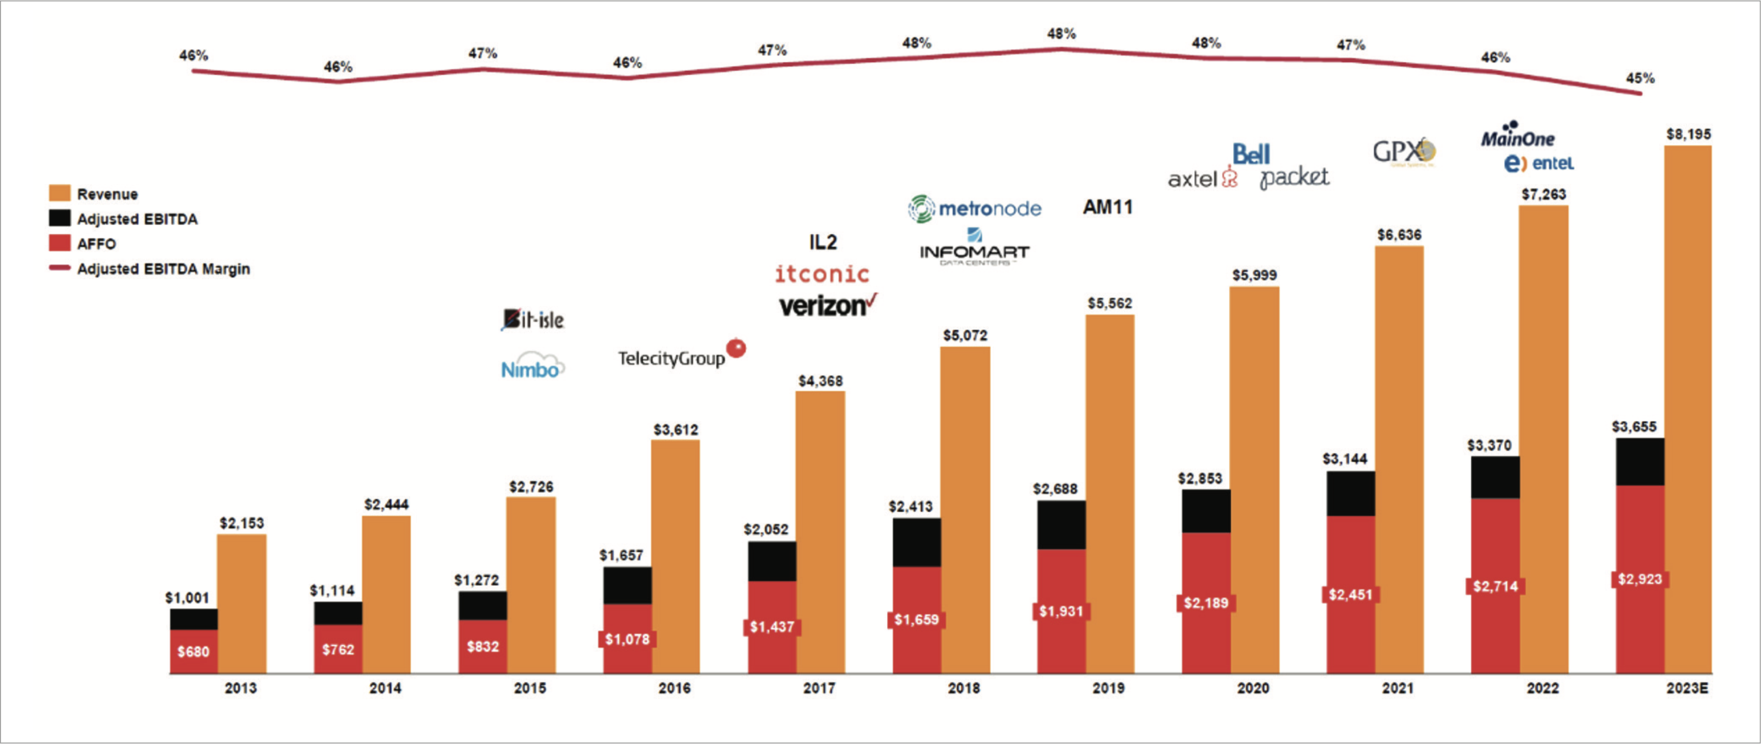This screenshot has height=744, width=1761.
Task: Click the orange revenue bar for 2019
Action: tap(1110, 493)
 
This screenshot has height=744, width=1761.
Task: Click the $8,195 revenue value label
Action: tap(1689, 134)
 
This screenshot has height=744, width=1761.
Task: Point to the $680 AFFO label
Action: tap(193, 652)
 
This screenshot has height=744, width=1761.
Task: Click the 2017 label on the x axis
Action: tap(819, 688)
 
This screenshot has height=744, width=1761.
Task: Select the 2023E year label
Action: tap(1687, 688)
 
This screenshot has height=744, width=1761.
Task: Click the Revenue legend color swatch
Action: tap(59, 194)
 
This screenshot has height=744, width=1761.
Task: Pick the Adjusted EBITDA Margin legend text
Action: tap(163, 269)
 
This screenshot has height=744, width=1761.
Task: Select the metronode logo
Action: tap(975, 209)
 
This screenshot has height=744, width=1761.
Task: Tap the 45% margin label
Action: tap(1640, 79)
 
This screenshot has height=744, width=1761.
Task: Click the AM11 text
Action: tap(1107, 206)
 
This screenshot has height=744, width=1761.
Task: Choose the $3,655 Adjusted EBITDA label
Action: tap(1634, 427)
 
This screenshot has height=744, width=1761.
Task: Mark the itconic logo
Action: tap(822, 274)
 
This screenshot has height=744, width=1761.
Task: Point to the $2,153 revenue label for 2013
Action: tap(241, 523)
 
